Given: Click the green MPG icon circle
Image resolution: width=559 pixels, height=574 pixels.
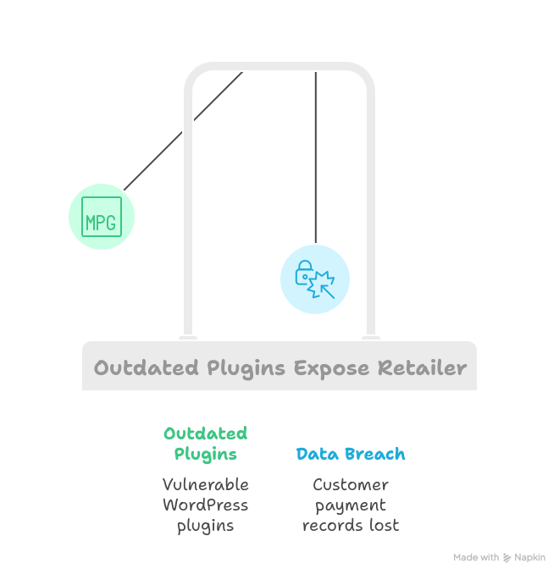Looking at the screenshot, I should (102, 217).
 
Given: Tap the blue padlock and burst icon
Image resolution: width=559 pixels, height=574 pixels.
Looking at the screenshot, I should (314, 279).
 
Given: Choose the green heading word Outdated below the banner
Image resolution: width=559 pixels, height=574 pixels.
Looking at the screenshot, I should (206, 433).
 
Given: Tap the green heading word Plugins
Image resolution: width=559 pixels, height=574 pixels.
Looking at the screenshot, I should (206, 454).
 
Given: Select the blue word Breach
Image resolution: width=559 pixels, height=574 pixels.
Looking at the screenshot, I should (374, 455).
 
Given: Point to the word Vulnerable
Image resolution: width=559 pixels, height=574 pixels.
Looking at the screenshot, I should (206, 485).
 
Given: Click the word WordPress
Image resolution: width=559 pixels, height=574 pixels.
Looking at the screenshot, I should (206, 505).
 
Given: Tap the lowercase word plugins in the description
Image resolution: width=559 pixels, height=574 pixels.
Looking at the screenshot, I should (206, 526).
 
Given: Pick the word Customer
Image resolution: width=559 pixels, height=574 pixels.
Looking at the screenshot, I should (351, 485).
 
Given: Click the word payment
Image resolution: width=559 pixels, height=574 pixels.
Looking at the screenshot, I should (351, 505).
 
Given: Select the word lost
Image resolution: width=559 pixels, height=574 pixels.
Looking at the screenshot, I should (382, 526).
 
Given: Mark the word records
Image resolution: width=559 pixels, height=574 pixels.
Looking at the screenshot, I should (332, 526).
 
